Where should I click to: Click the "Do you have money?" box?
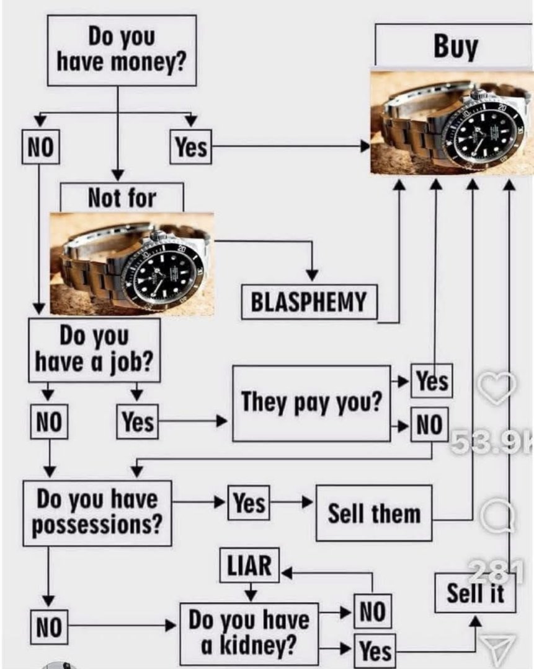(122, 50)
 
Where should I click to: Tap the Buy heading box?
(455, 46)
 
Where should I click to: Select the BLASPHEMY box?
(309, 302)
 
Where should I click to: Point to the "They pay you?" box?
(311, 403)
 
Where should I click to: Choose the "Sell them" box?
(374, 514)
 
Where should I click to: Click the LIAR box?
(250, 566)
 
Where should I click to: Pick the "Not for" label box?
(122, 198)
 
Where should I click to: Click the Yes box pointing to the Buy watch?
(191, 147)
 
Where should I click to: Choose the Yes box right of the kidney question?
(375, 651)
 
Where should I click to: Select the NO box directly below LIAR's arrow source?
(373, 612)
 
